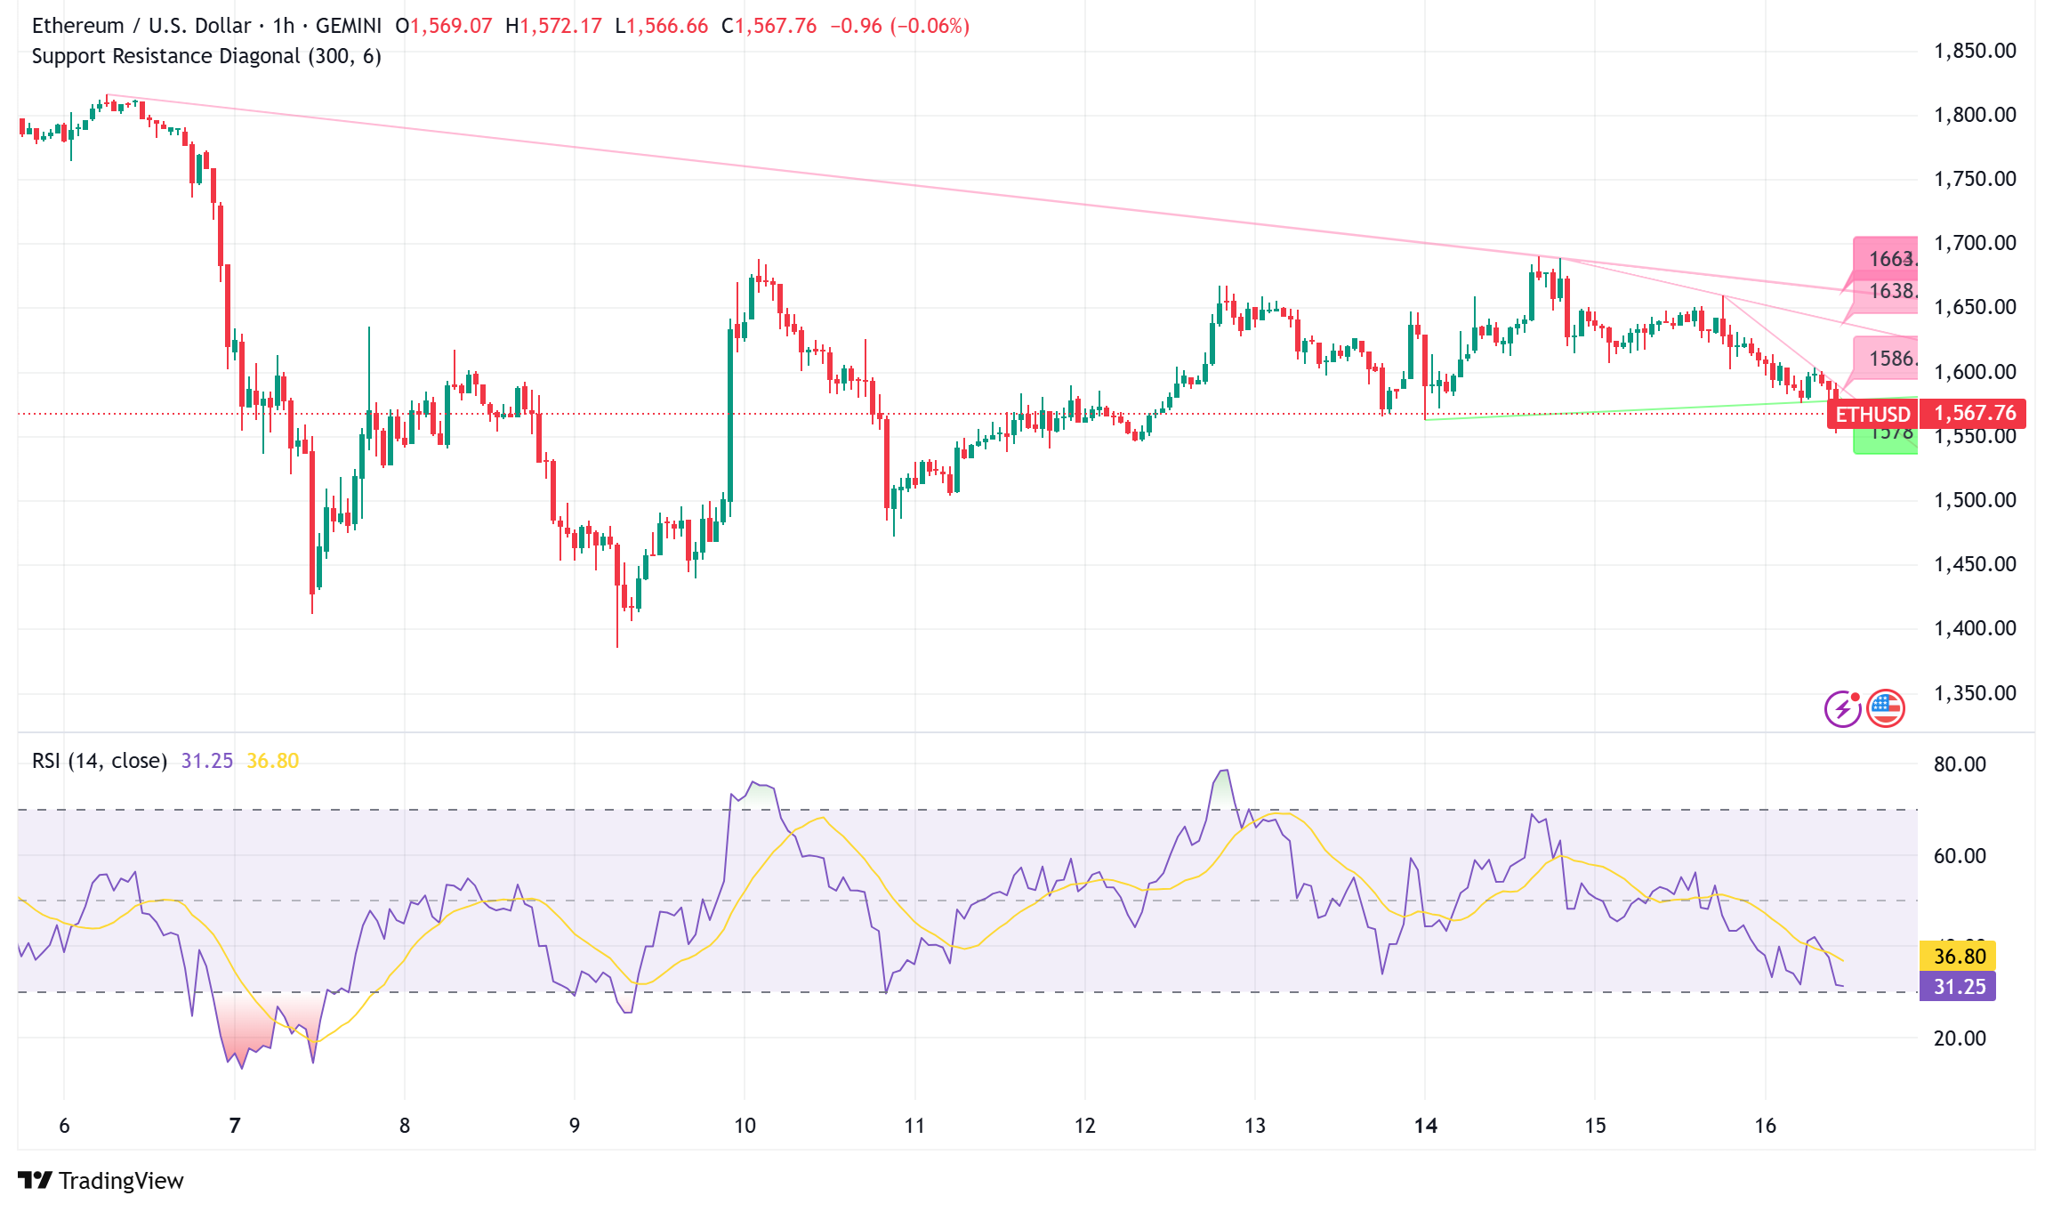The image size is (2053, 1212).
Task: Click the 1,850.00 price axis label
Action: [x=1975, y=51]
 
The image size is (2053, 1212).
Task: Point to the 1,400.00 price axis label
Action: [x=1975, y=628]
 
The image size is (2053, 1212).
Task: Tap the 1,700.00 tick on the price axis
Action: [x=1975, y=243]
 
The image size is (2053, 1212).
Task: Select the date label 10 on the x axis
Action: [x=745, y=1126]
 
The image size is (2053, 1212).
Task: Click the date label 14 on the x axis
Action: [x=1425, y=1126]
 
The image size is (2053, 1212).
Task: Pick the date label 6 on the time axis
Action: [x=64, y=1126]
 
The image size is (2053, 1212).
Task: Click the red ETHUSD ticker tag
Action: [x=1872, y=414]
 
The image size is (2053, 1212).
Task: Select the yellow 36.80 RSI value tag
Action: [x=1959, y=956]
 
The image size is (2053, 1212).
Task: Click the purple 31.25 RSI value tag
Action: [x=1959, y=986]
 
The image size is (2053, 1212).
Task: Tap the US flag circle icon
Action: [x=1885, y=708]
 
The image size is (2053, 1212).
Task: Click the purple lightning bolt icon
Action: [x=1842, y=709]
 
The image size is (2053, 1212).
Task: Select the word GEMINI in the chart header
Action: [x=349, y=26]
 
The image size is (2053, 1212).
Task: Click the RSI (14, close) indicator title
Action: [x=100, y=761]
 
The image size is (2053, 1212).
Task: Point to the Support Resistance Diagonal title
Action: [x=206, y=56]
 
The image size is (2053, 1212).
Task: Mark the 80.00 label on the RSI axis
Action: [x=1960, y=764]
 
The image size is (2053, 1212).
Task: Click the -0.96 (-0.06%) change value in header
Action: [x=899, y=26]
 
